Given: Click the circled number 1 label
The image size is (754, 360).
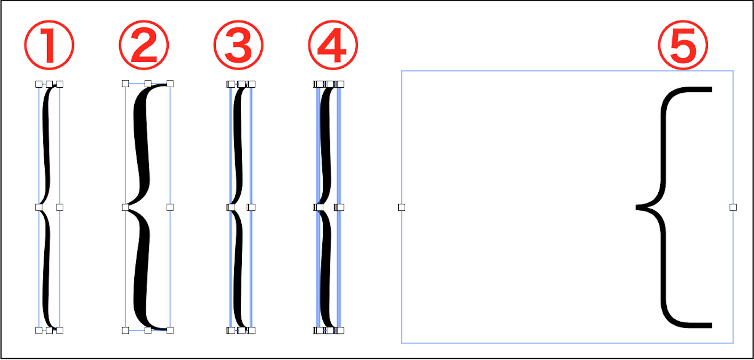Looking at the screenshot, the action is pyautogui.click(x=49, y=45).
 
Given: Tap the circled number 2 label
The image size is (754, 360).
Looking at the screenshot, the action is pyautogui.click(x=144, y=45).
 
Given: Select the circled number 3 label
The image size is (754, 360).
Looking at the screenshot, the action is pyautogui.click(x=238, y=45).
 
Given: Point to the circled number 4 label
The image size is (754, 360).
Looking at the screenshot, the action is pyautogui.click(x=333, y=45).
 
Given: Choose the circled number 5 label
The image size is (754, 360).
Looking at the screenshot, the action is pyautogui.click(x=683, y=45).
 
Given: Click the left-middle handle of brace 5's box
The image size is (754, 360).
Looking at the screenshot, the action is pyautogui.click(x=402, y=207).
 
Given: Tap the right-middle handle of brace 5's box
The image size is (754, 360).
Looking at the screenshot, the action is pyautogui.click(x=733, y=207).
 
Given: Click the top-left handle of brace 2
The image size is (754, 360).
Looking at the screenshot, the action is pyautogui.click(x=125, y=83).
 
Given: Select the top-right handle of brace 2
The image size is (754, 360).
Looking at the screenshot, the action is pyautogui.click(x=170, y=83).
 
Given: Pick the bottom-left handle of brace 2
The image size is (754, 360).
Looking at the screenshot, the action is pyautogui.click(x=125, y=330).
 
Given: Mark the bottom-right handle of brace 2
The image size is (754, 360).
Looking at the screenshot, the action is pyautogui.click(x=170, y=330).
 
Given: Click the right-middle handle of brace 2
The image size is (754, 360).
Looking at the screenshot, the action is pyautogui.click(x=170, y=207).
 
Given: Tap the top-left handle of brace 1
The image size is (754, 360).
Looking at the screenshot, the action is pyautogui.click(x=39, y=84).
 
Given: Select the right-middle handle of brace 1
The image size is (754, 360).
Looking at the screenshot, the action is pyautogui.click(x=59, y=207).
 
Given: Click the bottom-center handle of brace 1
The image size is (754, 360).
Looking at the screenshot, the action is pyautogui.click(x=49, y=330).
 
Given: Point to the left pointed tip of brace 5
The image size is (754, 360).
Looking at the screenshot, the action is pyautogui.click(x=636, y=207).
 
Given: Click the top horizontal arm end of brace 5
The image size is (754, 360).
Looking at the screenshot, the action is pyautogui.click(x=712, y=89).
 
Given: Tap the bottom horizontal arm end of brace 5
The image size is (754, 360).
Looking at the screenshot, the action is pyautogui.click(x=712, y=325).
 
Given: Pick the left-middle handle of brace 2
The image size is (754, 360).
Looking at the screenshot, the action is pyautogui.click(x=125, y=207).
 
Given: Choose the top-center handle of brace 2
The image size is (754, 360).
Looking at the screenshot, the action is pyautogui.click(x=148, y=83).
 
